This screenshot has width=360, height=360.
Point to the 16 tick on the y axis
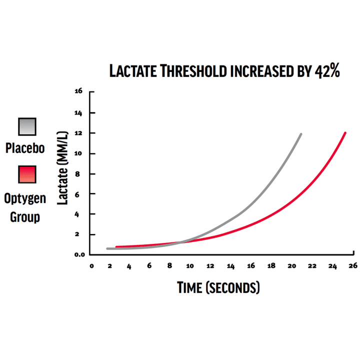(78, 92)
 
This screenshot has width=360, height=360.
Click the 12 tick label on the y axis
(78, 133)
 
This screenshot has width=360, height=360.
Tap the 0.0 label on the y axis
(77, 254)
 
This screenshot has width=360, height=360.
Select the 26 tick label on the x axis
(352, 266)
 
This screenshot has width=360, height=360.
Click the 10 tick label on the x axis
(190, 266)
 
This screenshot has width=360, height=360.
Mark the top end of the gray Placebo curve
(301, 134)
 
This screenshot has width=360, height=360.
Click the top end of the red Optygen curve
(345, 133)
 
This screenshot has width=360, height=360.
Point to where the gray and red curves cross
(183, 242)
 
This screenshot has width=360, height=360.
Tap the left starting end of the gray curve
(108, 248)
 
